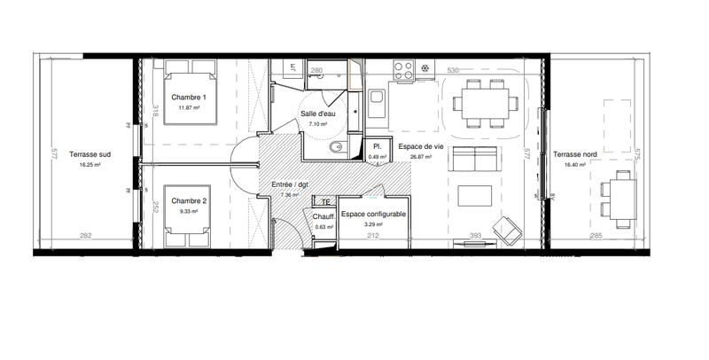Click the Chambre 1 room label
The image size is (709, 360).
[x=188, y=97]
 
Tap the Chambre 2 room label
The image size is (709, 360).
[x=188, y=200]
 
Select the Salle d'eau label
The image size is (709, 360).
[x=317, y=114]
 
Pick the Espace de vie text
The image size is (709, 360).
[x=420, y=145]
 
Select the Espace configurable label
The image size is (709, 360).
[x=373, y=215]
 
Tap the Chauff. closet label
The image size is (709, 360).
[x=323, y=215]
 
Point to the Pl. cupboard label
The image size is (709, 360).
[x=377, y=146]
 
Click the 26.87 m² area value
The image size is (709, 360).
[x=420, y=156]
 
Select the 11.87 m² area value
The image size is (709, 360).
[x=188, y=107]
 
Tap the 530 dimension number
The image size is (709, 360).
[x=453, y=70]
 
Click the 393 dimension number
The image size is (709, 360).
[x=475, y=236]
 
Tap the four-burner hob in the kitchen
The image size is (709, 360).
[x=403, y=68]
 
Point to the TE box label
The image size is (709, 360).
[x=326, y=202]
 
